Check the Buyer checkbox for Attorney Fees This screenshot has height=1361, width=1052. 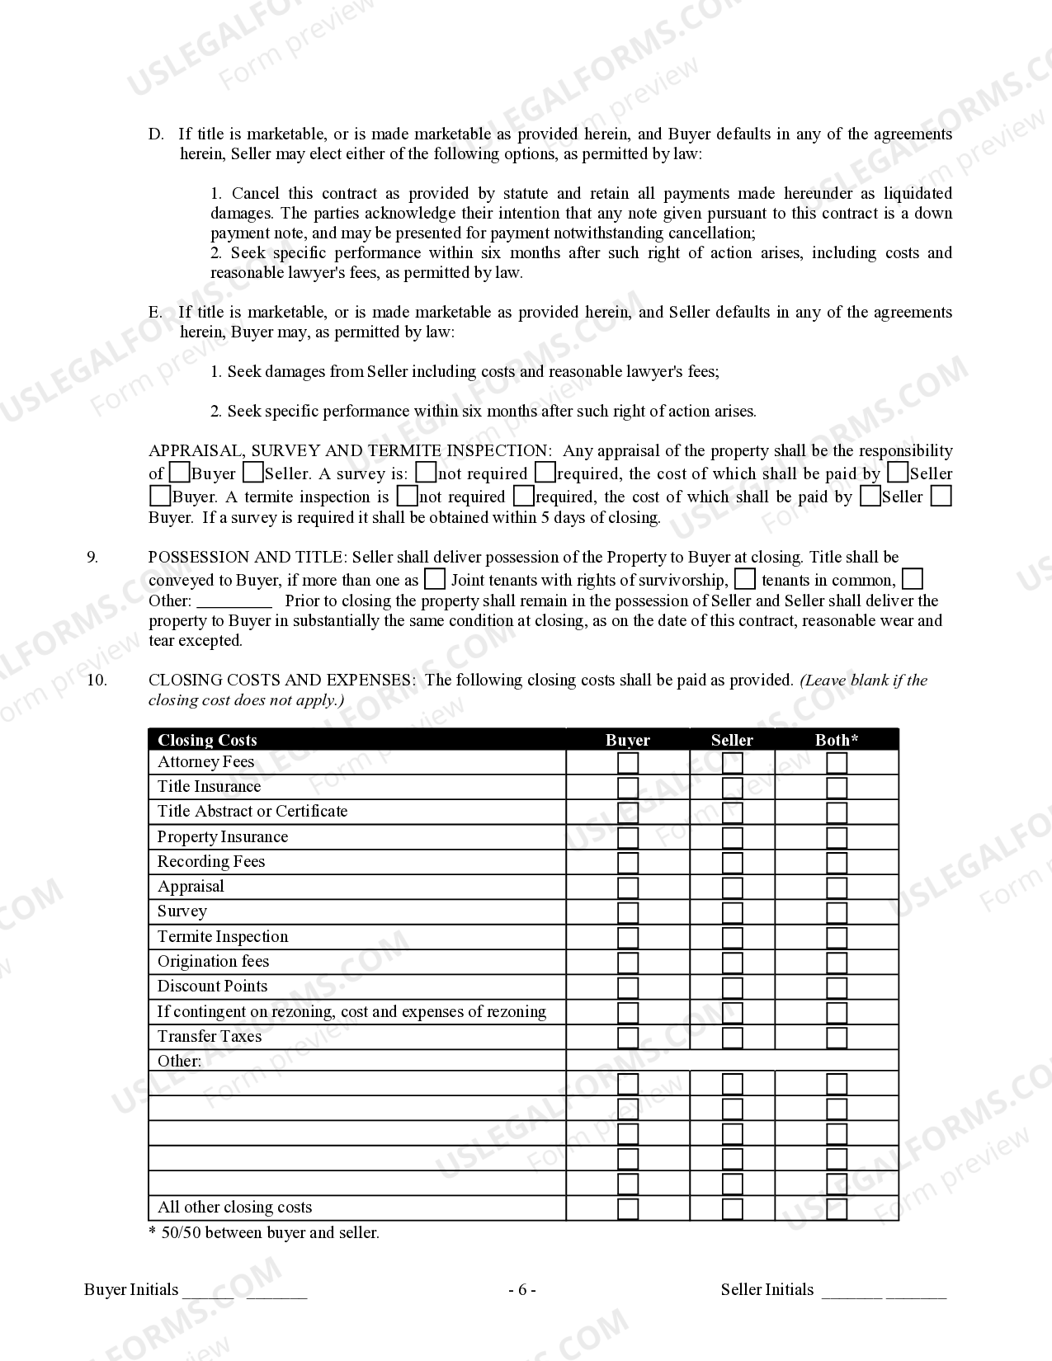coord(628,763)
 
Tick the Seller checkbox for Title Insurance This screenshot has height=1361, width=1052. coord(732,788)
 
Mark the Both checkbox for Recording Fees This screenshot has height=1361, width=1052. coord(837,863)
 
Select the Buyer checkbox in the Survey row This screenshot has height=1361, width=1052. coord(628,912)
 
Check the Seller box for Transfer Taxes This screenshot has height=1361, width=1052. coord(732,1038)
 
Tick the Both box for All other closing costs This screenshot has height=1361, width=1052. coord(837,1209)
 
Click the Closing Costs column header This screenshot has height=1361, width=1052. coord(207,740)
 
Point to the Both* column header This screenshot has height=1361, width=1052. coord(837,740)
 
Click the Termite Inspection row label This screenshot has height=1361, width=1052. coord(223,937)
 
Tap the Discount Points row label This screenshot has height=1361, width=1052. coord(212,987)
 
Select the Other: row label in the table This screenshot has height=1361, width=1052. coord(179,1062)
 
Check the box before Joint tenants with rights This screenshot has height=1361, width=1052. coord(435,579)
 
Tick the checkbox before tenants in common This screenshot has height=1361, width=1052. coord(745,579)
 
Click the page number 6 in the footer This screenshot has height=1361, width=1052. coord(522,1290)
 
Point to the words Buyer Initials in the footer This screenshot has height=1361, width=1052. coord(131,1290)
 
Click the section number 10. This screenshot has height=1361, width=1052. coord(97,680)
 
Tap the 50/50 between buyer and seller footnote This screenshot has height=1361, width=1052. coord(264,1233)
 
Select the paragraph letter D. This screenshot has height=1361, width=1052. coord(155,134)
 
